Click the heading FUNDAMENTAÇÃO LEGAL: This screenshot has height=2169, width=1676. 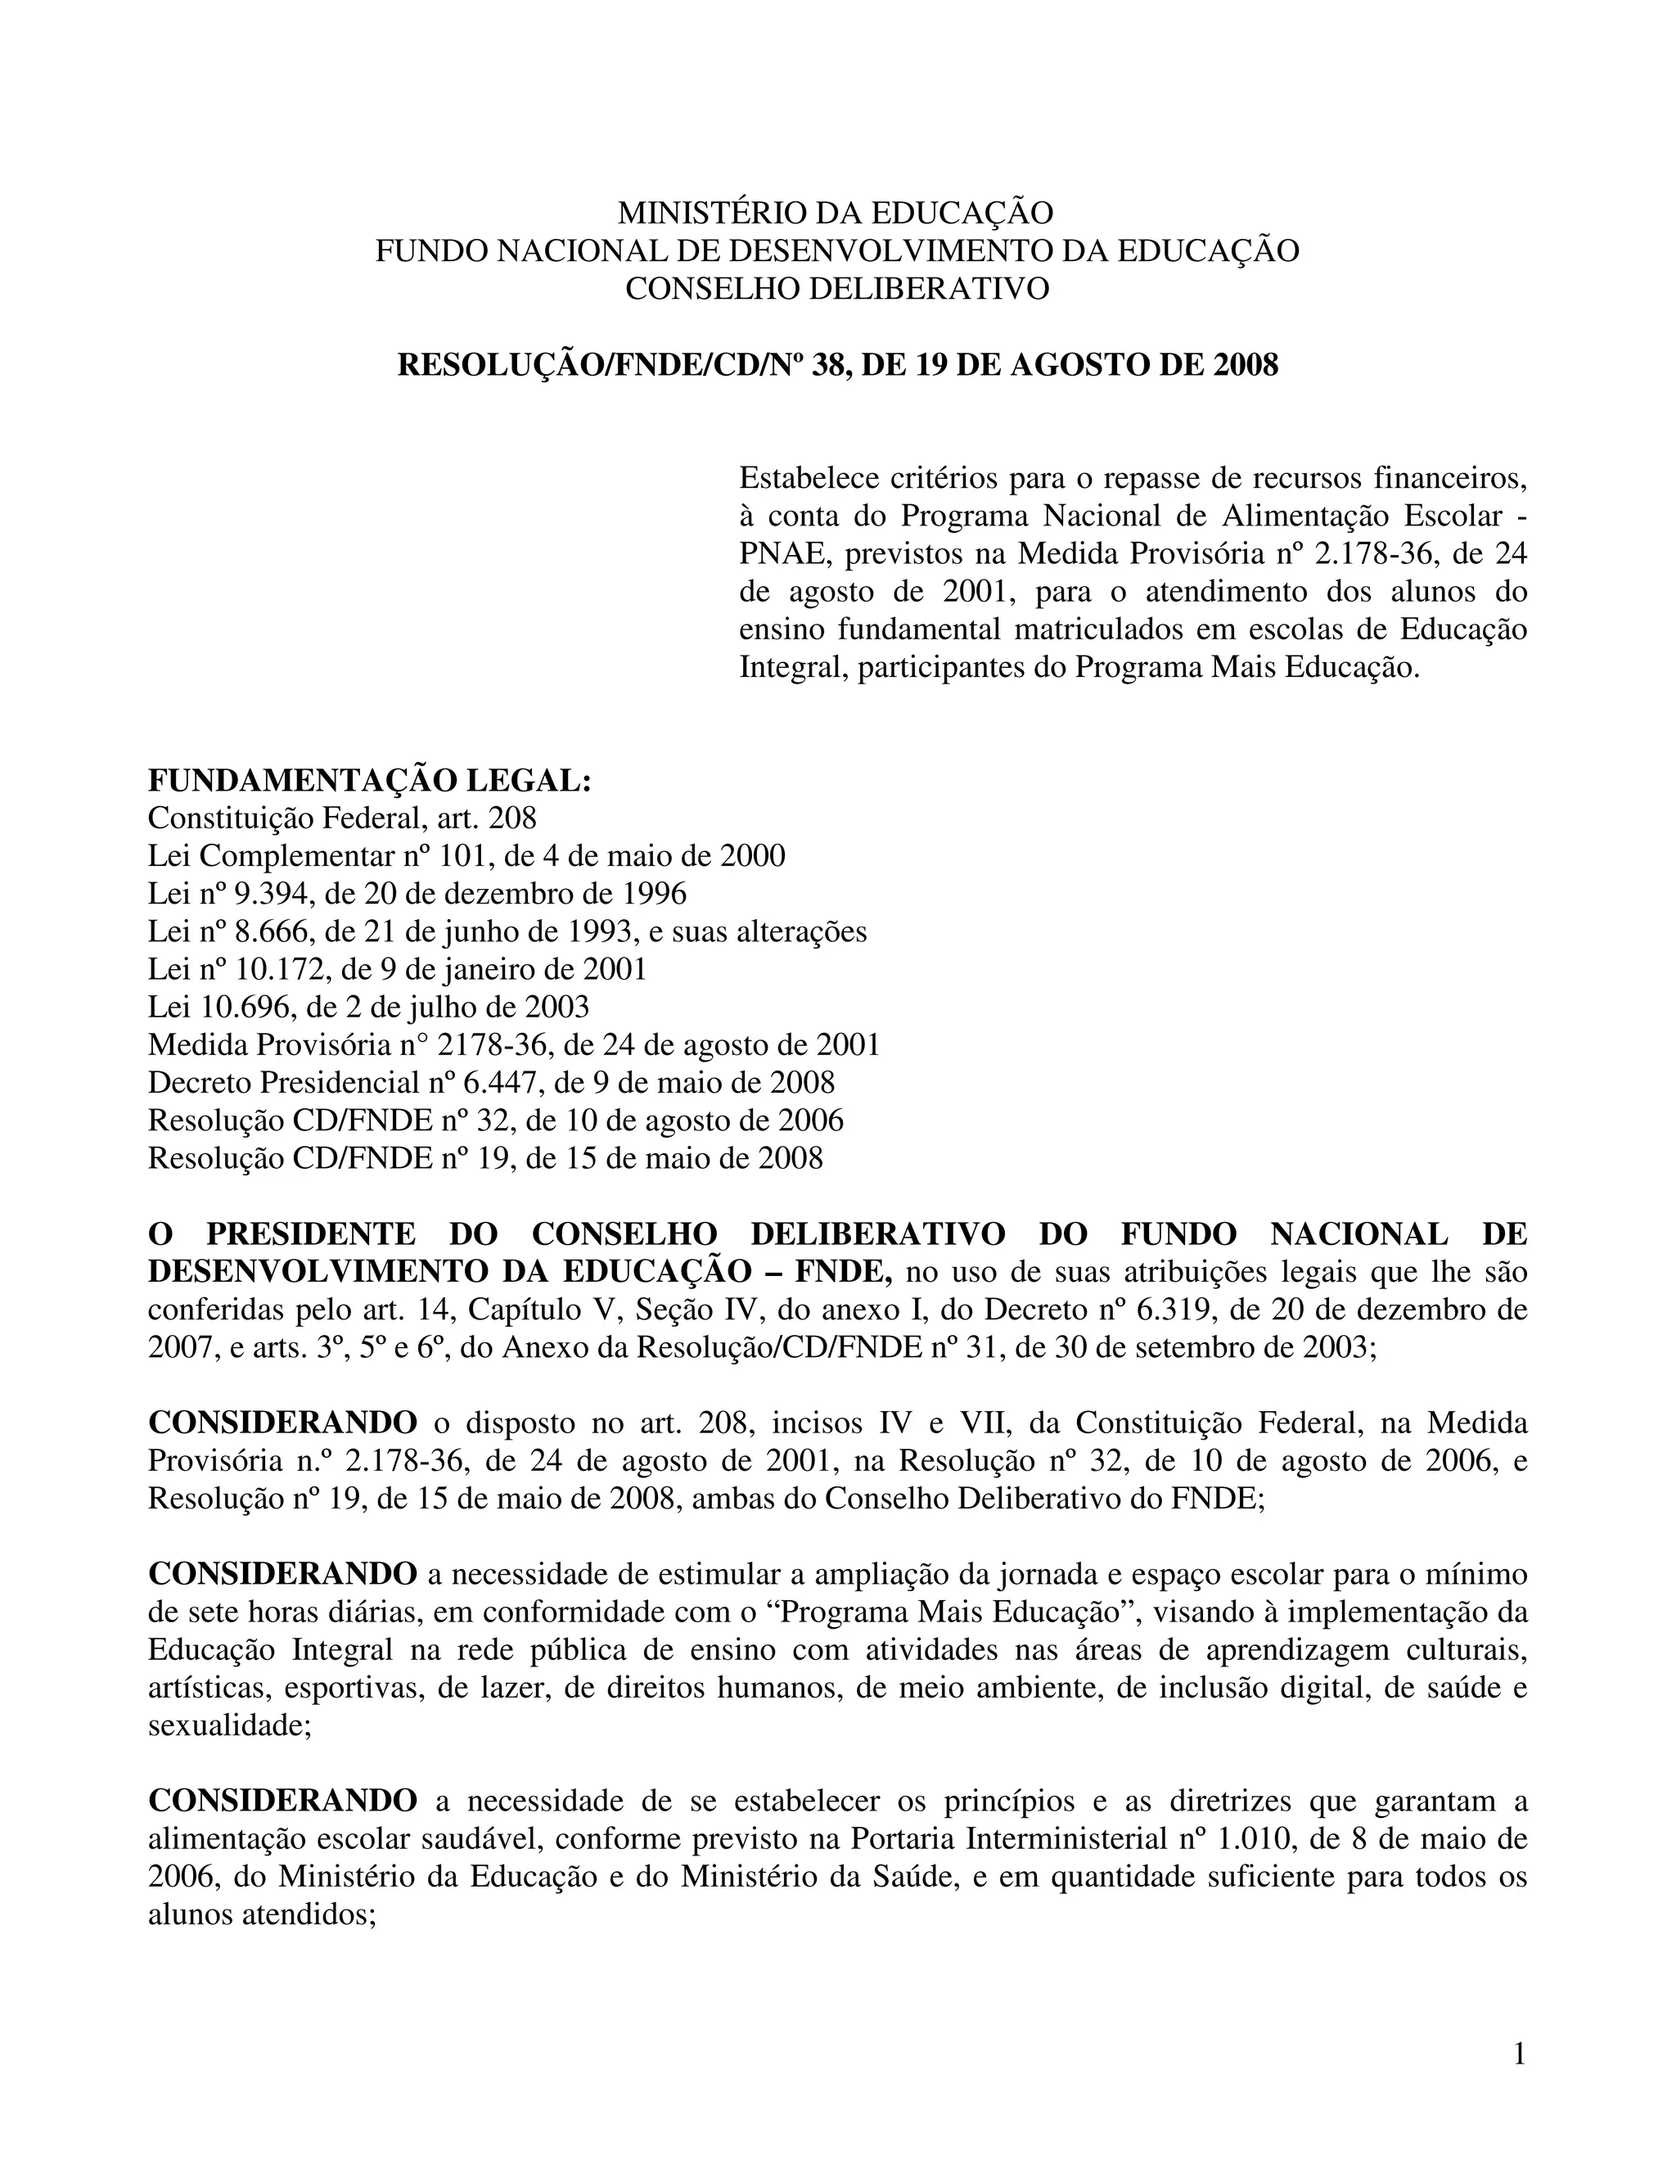click(369, 781)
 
